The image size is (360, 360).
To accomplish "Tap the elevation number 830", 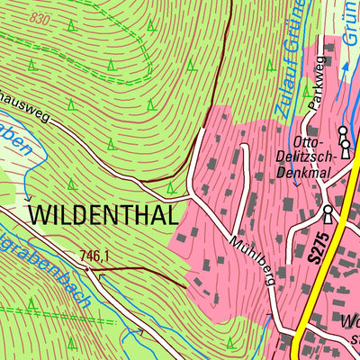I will click(39, 18).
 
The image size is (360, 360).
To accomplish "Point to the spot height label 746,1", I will click(93, 256).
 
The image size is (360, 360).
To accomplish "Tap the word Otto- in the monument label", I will click(308, 141).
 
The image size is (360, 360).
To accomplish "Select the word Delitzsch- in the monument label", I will click(308, 157).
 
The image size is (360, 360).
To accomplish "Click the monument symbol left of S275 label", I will click(328, 214).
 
